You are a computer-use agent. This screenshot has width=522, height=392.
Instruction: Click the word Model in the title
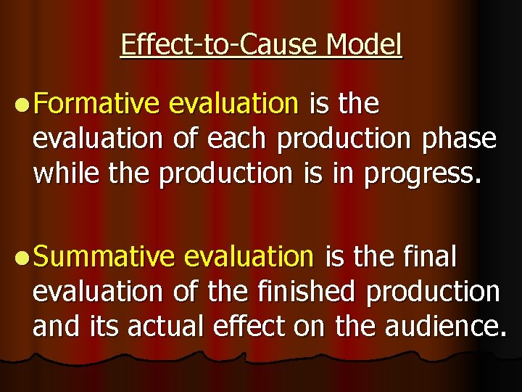[x=363, y=45]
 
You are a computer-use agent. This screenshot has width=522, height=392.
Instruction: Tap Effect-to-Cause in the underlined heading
[x=220, y=45]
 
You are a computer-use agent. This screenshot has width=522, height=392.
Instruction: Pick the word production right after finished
[x=434, y=292]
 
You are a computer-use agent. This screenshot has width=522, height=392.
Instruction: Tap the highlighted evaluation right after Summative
[x=249, y=257]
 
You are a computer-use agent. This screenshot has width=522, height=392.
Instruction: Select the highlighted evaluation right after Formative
[x=233, y=105]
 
